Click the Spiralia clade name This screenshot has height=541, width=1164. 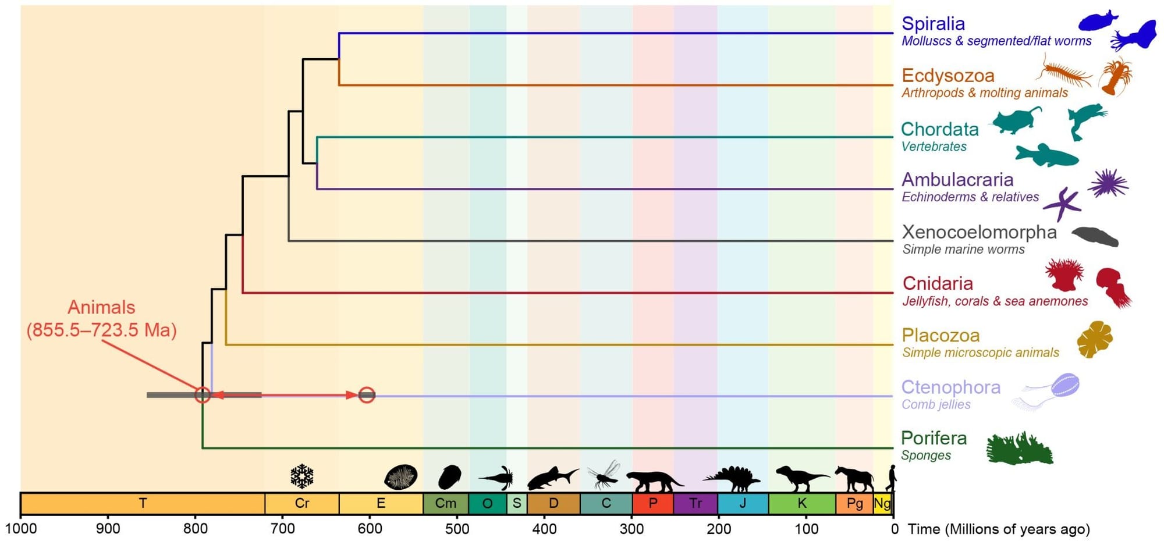click(933, 23)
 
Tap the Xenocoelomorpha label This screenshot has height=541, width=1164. click(979, 232)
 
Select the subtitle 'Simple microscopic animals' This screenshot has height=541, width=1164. click(980, 353)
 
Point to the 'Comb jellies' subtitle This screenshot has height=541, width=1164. click(936, 404)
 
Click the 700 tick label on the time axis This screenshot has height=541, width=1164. click(283, 529)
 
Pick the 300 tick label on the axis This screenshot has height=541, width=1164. click(632, 529)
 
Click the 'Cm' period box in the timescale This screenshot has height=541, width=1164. click(446, 503)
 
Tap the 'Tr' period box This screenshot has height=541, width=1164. click(695, 503)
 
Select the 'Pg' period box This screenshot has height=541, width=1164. click(854, 503)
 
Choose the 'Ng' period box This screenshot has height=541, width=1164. click(883, 503)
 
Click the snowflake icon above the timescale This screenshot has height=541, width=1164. click(302, 476)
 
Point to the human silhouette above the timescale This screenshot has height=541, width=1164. click(890, 478)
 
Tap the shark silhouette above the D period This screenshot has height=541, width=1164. click(552, 478)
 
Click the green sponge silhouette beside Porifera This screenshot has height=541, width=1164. click(1020, 448)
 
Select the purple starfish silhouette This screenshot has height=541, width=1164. click(1063, 204)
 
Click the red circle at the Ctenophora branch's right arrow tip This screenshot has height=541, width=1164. click(367, 395)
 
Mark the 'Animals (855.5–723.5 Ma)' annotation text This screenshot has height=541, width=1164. click(102, 318)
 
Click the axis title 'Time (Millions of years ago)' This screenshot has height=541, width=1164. click(999, 529)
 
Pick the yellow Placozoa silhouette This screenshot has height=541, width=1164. click(1094, 339)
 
